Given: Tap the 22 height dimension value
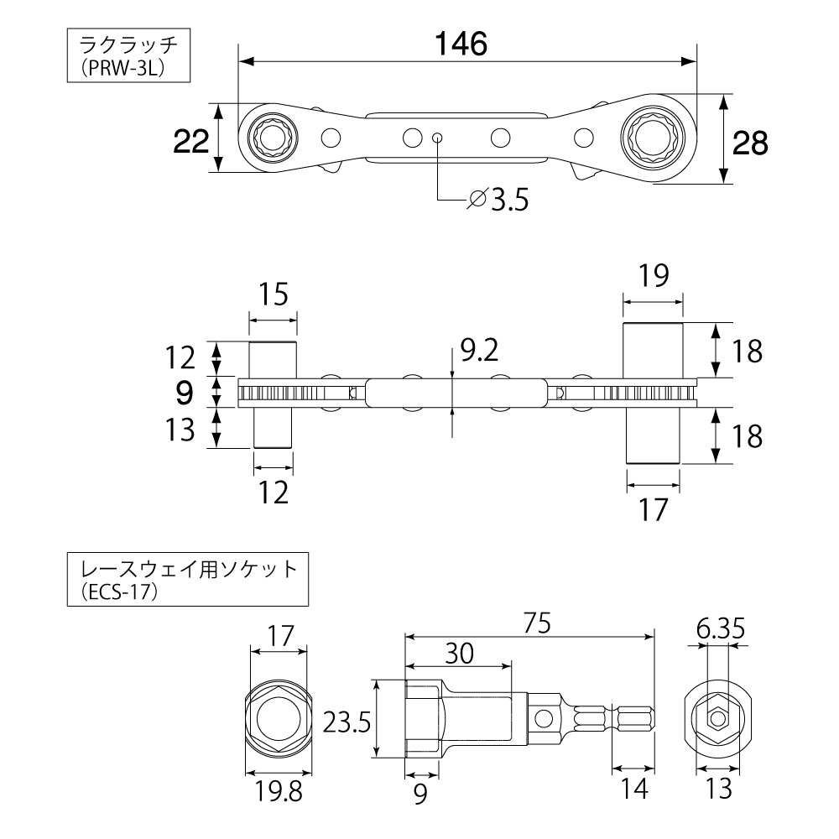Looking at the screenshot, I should click(x=190, y=141).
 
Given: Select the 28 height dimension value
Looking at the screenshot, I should click(x=749, y=143).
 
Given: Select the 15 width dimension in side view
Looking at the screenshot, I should click(x=273, y=294).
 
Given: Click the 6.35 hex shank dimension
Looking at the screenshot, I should click(x=719, y=627).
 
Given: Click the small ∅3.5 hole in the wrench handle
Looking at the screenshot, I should click(x=437, y=137).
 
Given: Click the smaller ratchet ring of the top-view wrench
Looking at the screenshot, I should click(x=272, y=137).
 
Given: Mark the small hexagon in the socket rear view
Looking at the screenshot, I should click(x=717, y=719).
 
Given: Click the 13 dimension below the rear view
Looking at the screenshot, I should click(x=718, y=788).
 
